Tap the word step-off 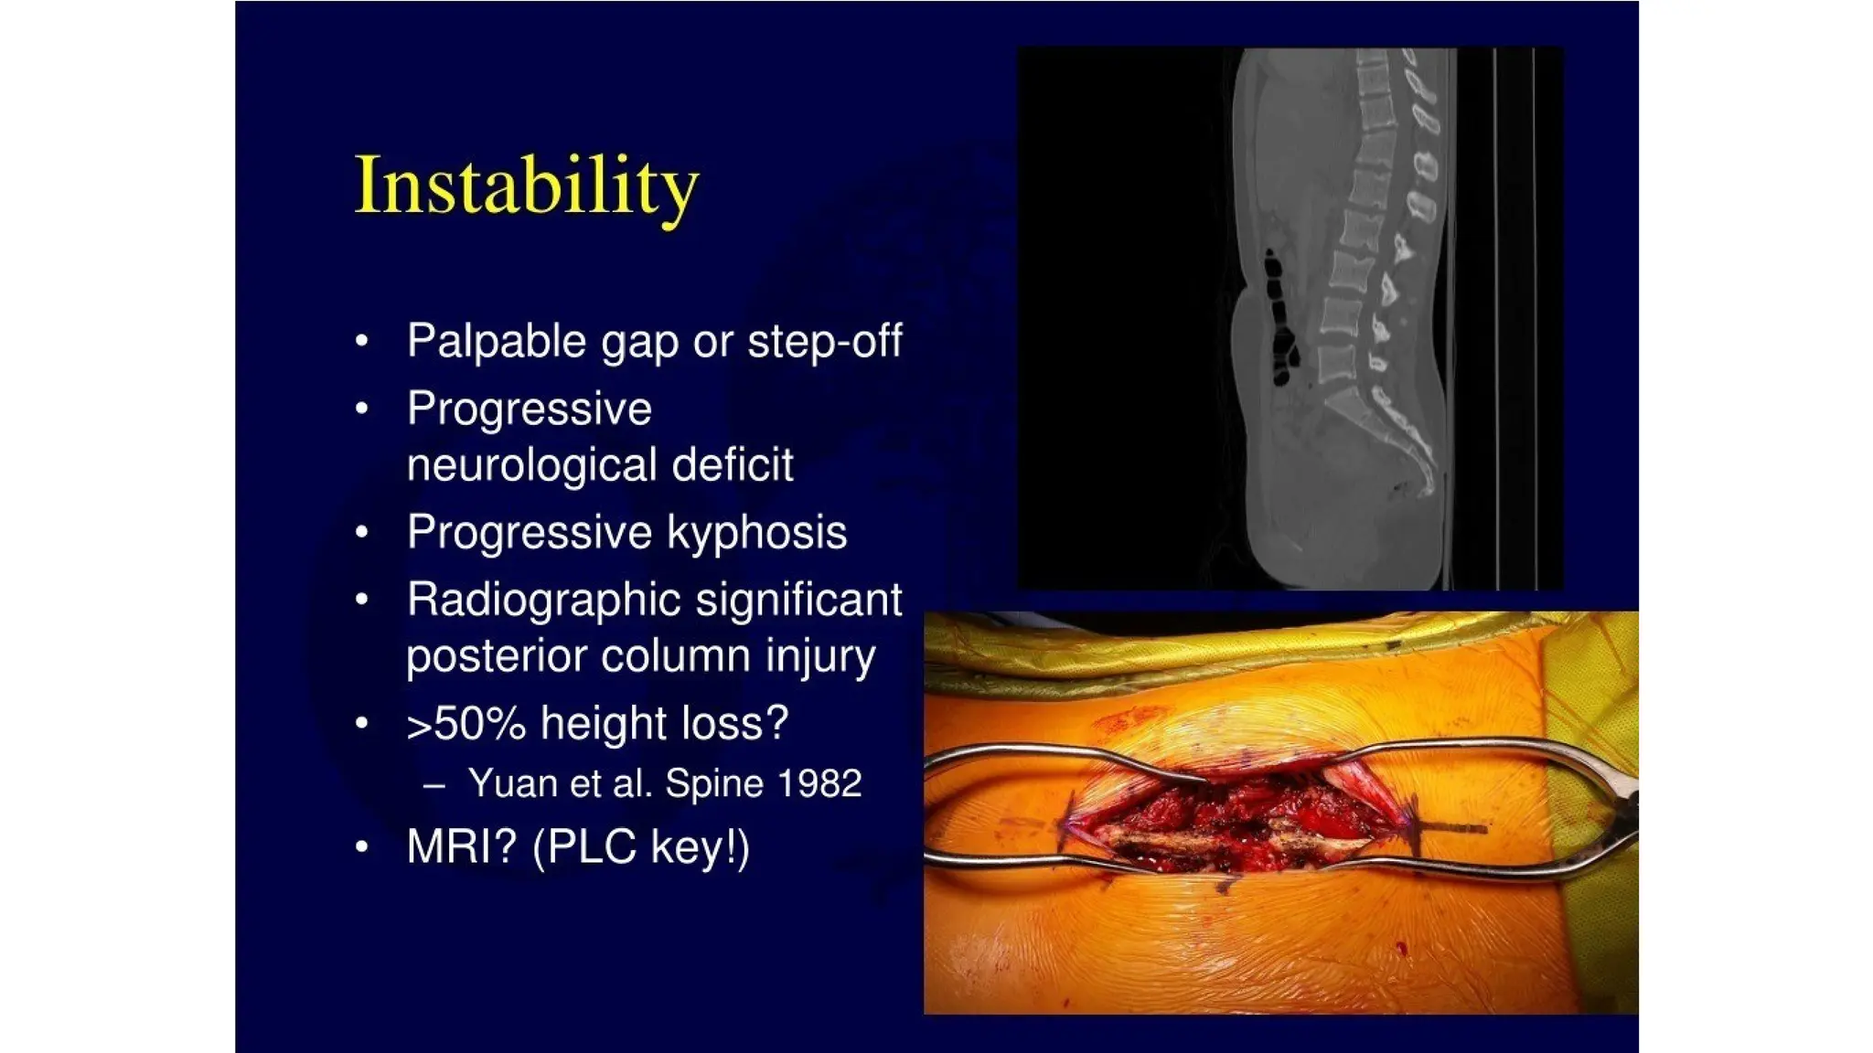pos(824,342)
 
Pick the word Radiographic pos(544,601)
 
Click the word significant pos(798,601)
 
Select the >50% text pos(466,725)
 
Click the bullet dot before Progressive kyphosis pos(362,533)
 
